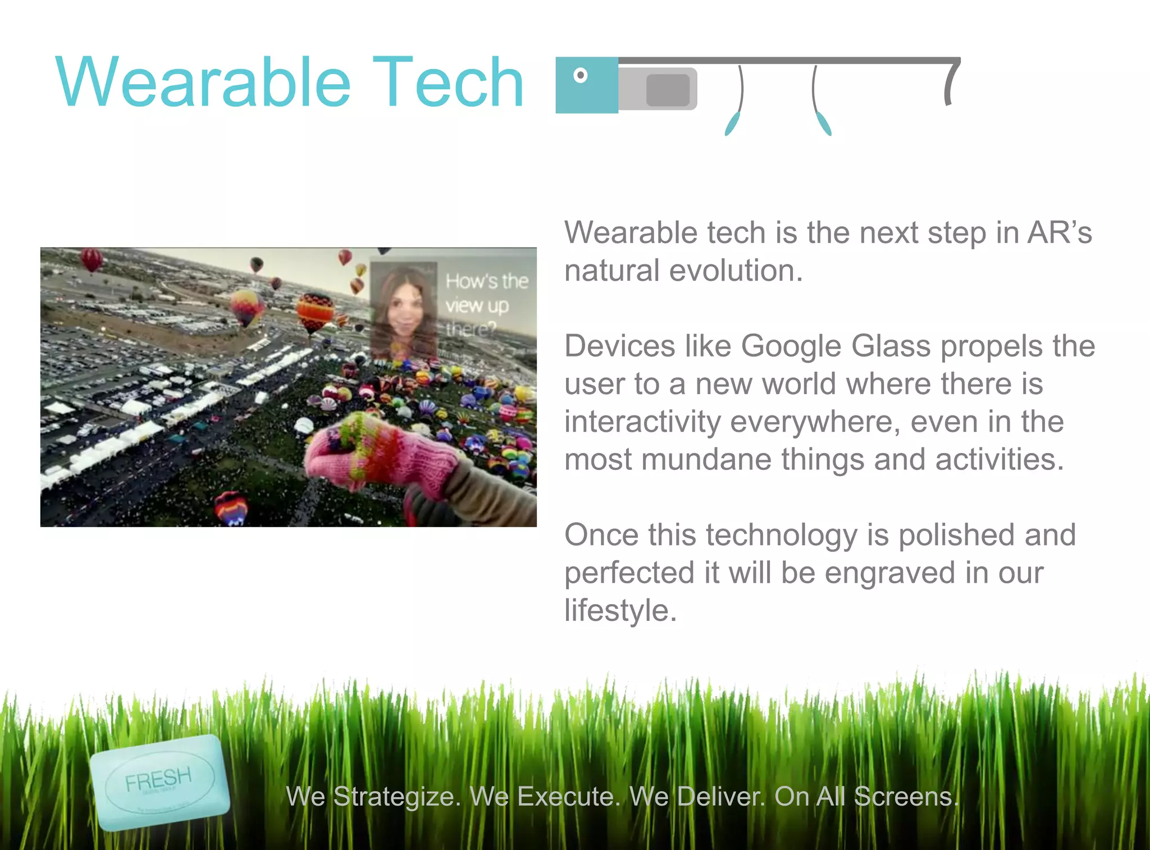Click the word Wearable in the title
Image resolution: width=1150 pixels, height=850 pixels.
(203, 83)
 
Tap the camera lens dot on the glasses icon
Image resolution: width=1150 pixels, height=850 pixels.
(581, 75)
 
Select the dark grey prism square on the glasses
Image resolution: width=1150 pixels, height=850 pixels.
(668, 90)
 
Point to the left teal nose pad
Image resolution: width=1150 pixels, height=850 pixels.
(732, 124)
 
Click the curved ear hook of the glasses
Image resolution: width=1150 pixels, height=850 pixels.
(950, 83)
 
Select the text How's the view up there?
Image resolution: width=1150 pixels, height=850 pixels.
(486, 305)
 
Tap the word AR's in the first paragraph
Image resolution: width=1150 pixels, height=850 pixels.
(1059, 232)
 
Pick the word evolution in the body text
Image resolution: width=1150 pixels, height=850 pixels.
(736, 271)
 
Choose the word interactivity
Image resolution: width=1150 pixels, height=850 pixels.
(642, 422)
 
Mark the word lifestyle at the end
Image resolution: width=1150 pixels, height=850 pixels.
(620, 610)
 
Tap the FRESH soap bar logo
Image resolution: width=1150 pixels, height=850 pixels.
(159, 782)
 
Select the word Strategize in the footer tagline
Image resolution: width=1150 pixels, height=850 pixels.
(396, 796)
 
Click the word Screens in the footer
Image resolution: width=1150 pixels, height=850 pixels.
(906, 796)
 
